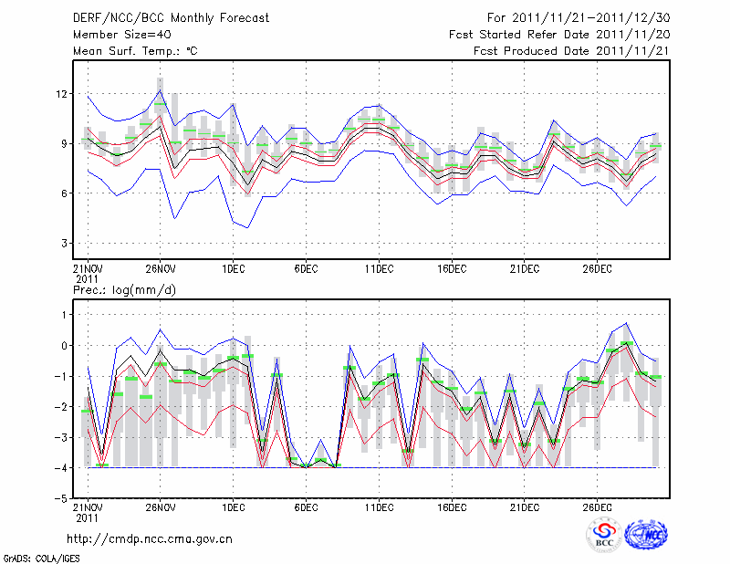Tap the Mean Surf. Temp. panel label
click(135, 51)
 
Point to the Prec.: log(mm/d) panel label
click(124, 289)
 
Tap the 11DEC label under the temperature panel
click(379, 269)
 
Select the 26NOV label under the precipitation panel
click(160, 507)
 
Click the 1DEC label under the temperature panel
click(233, 269)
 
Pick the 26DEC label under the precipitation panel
click(597, 507)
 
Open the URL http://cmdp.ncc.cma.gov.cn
click(150, 538)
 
